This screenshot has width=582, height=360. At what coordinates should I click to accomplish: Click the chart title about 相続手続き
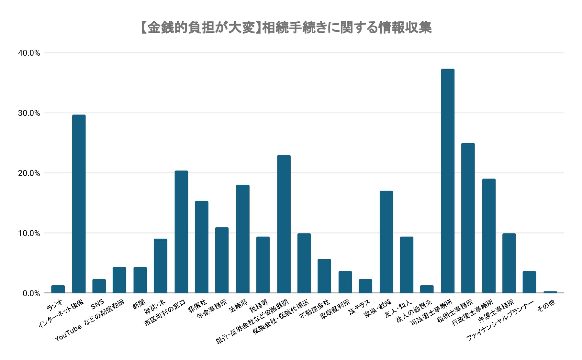286,28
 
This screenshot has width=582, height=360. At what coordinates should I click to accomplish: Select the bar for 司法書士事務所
448,181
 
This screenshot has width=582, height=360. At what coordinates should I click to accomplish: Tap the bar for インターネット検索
79,204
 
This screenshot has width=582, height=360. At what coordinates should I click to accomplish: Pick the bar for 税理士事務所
468,218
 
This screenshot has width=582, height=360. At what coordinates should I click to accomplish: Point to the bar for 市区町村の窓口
181,232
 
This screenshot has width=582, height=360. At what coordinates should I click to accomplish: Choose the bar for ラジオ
58,289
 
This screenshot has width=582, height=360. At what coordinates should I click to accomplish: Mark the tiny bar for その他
550,292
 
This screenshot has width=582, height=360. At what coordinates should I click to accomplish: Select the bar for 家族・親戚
386,242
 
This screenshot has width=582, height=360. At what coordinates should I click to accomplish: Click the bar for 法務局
243,239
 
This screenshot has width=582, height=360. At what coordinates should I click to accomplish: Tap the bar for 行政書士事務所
488,236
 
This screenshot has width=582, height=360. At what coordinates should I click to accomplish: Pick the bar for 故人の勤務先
427,289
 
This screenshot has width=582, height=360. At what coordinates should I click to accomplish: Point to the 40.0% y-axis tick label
29,53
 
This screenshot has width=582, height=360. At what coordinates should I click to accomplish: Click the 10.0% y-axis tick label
29,233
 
